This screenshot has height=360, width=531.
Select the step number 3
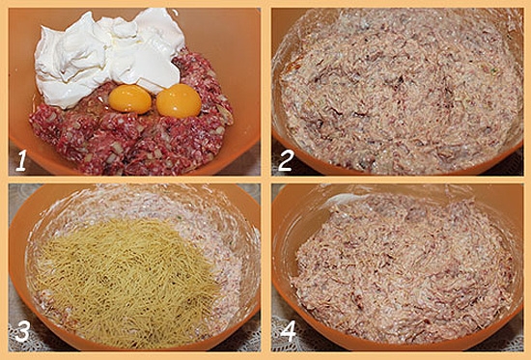(22, 331)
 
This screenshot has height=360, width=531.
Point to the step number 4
(288, 331)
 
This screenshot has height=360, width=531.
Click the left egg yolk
(130, 98)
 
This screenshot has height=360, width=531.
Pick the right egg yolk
(179, 100)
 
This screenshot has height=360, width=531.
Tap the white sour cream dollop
(108, 54)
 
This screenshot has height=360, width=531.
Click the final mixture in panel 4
(403, 267)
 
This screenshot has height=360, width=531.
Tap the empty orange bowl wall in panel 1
(224, 41)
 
